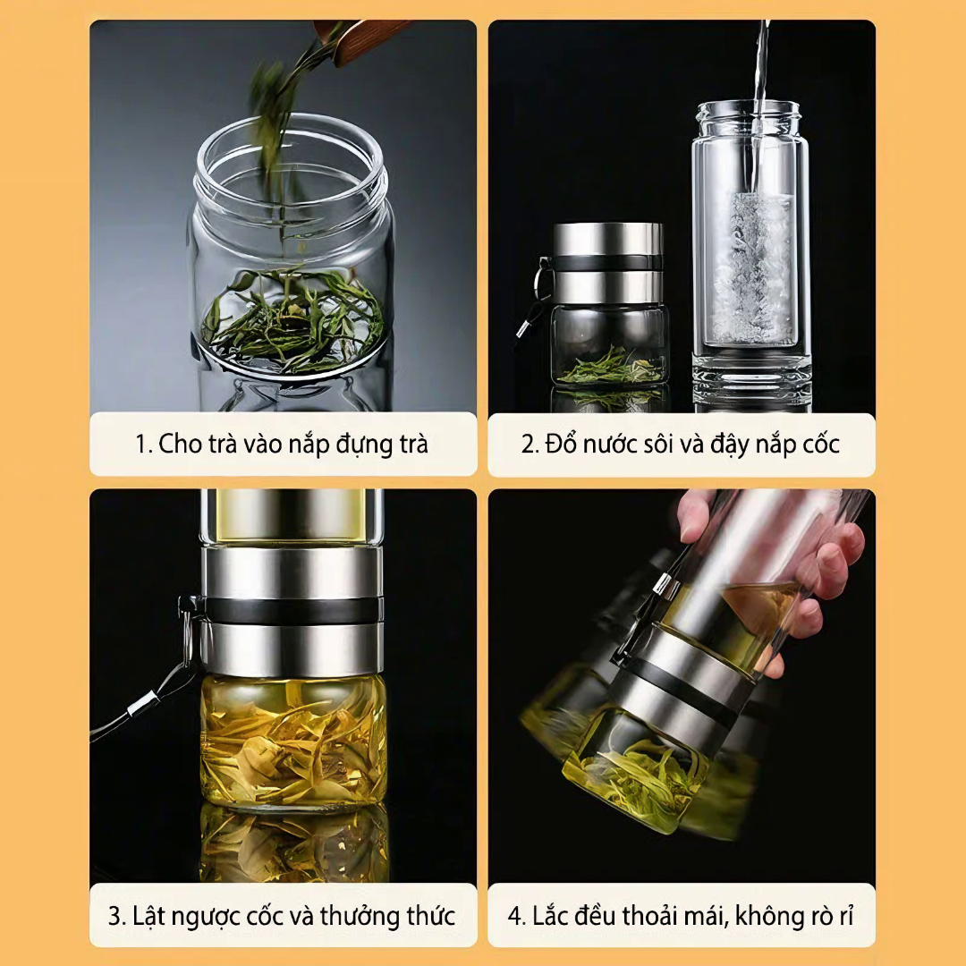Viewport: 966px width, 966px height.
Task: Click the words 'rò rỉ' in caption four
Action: pos(831,916)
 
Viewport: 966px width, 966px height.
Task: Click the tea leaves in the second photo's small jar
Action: pos(613,369)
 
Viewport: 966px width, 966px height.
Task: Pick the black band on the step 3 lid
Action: pos(290,610)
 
